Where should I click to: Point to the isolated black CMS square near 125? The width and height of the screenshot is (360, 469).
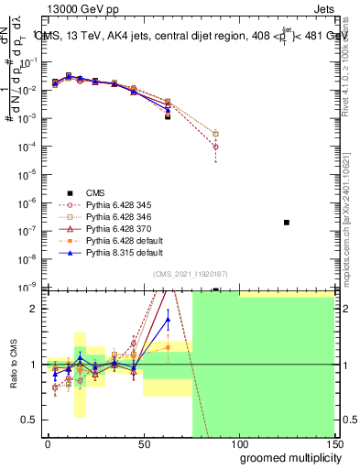click(287, 223)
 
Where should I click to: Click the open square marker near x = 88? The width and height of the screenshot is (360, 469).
click(215, 134)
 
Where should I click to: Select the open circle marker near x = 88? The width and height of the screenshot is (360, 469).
click(215, 147)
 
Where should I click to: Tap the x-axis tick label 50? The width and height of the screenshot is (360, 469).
click(143, 443)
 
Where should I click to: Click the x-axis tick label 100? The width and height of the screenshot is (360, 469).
click(239, 443)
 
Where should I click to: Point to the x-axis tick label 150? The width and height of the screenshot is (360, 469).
click(334, 443)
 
